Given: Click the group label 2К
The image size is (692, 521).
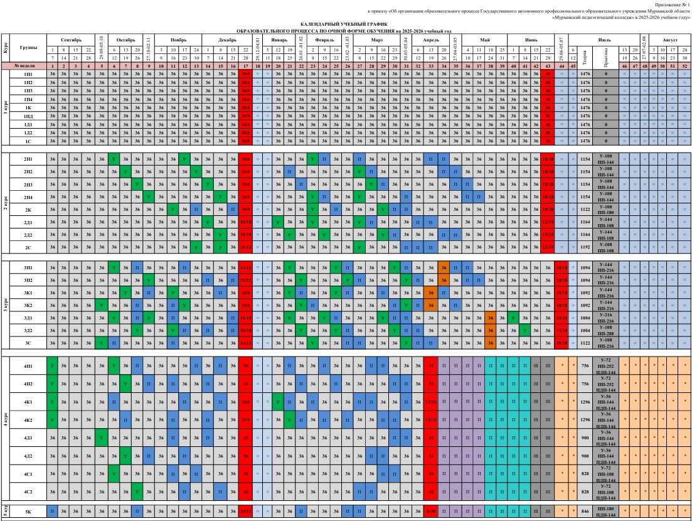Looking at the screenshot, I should tap(28, 209).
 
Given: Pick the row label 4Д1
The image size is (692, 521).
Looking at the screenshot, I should tap(28, 438).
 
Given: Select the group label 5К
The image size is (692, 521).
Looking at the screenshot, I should tap(28, 512).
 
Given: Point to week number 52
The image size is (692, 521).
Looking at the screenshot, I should tap(685, 66).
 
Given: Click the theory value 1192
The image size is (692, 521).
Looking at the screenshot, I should tap(586, 247).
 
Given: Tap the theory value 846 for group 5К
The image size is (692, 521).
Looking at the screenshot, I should tap(586, 512).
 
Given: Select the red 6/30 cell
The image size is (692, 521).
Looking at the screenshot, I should tap(430, 512).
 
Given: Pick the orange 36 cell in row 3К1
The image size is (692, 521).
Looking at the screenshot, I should tap(430, 293).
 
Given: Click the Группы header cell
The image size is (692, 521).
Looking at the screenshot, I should tap(28, 48).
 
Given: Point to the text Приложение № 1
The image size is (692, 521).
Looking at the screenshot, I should tap(671, 4).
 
